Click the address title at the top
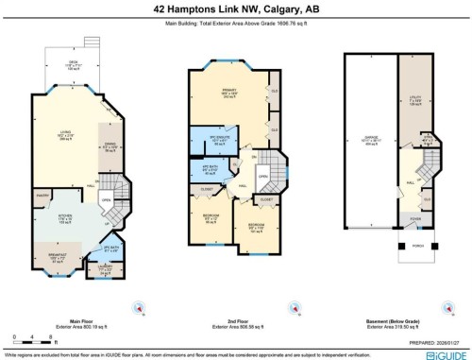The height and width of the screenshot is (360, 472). point(235,9)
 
